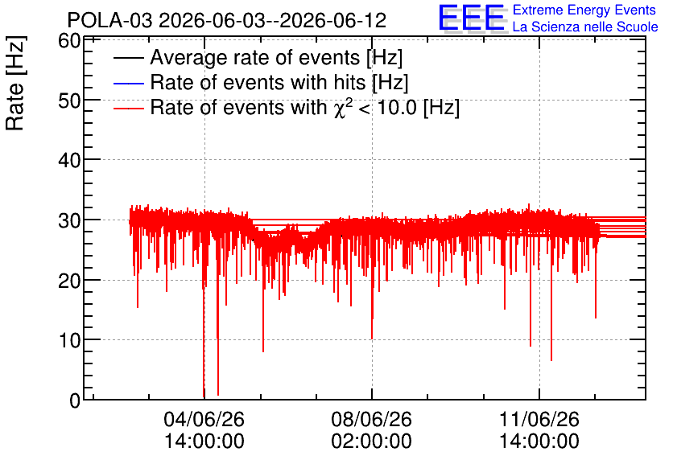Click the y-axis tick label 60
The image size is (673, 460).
69,42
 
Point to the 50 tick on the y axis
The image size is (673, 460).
69,101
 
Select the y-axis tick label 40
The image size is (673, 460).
69,160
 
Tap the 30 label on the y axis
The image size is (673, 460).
69,220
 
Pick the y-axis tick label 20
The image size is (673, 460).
69,281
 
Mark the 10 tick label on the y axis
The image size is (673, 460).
69,340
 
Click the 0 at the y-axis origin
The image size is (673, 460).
75,400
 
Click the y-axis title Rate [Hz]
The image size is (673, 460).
14,83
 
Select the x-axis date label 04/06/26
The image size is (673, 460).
204,419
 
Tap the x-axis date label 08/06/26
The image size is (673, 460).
371,419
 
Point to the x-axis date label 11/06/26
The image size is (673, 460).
539,419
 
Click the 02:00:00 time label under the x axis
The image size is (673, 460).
371,441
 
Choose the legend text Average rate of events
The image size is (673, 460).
255,57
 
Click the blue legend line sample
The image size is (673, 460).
128,83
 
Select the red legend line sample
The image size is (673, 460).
128,108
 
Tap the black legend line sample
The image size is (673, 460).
128,58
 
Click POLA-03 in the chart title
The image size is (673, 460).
109,20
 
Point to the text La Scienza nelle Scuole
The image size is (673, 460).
585,27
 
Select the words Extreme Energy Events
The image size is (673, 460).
584,10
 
